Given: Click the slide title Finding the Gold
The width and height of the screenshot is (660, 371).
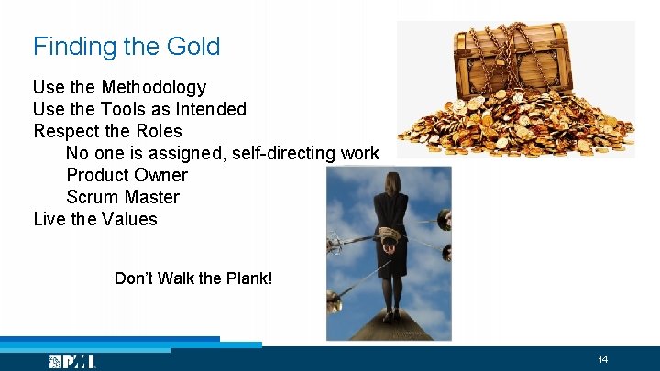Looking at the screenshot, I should pyautogui.click(x=126, y=47).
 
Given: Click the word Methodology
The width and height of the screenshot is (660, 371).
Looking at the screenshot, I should pyautogui.click(x=153, y=88).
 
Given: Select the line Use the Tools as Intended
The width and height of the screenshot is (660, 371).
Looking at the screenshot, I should pyautogui.click(x=139, y=110).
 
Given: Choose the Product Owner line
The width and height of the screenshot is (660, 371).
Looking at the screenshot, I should pyautogui.click(x=126, y=176).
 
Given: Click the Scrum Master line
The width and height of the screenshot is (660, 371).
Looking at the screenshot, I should pyautogui.click(x=123, y=198).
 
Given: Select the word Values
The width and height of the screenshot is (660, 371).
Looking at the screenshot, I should pyautogui.click(x=130, y=220).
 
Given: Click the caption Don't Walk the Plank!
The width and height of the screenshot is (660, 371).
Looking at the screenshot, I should pyautogui.click(x=193, y=278).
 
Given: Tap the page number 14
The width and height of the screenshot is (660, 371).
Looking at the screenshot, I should pyautogui.click(x=603, y=359).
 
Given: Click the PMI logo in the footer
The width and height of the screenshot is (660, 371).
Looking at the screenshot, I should pyautogui.click(x=72, y=362).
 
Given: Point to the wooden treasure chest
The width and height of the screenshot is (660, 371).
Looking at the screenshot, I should pyautogui.click(x=514, y=63).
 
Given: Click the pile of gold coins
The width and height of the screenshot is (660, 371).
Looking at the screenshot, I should pyautogui.click(x=513, y=128).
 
